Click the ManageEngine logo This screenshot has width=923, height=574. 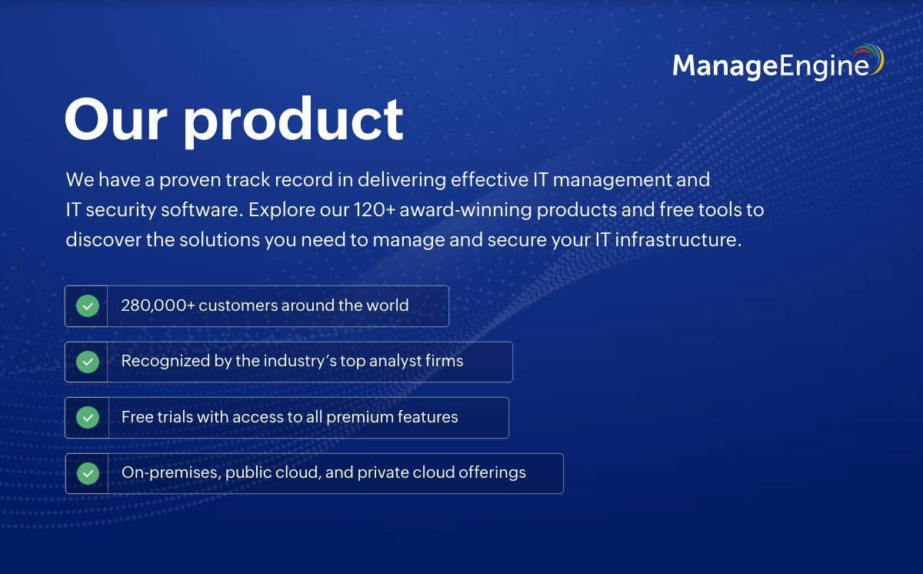click(778, 62)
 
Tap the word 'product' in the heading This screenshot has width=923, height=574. click(293, 122)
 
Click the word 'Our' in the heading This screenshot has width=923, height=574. click(116, 119)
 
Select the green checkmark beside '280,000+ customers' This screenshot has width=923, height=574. click(88, 305)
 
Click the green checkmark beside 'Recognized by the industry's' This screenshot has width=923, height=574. click(88, 362)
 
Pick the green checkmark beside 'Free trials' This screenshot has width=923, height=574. click(88, 417)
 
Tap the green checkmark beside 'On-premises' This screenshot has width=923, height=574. click(88, 473)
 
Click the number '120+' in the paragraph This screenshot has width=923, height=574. click(375, 210)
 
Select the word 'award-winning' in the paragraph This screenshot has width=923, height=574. click(465, 211)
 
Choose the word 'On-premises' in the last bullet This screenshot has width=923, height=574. click(172, 473)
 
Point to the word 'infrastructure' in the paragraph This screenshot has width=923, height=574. click(675, 240)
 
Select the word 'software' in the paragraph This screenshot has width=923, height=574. click(199, 210)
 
